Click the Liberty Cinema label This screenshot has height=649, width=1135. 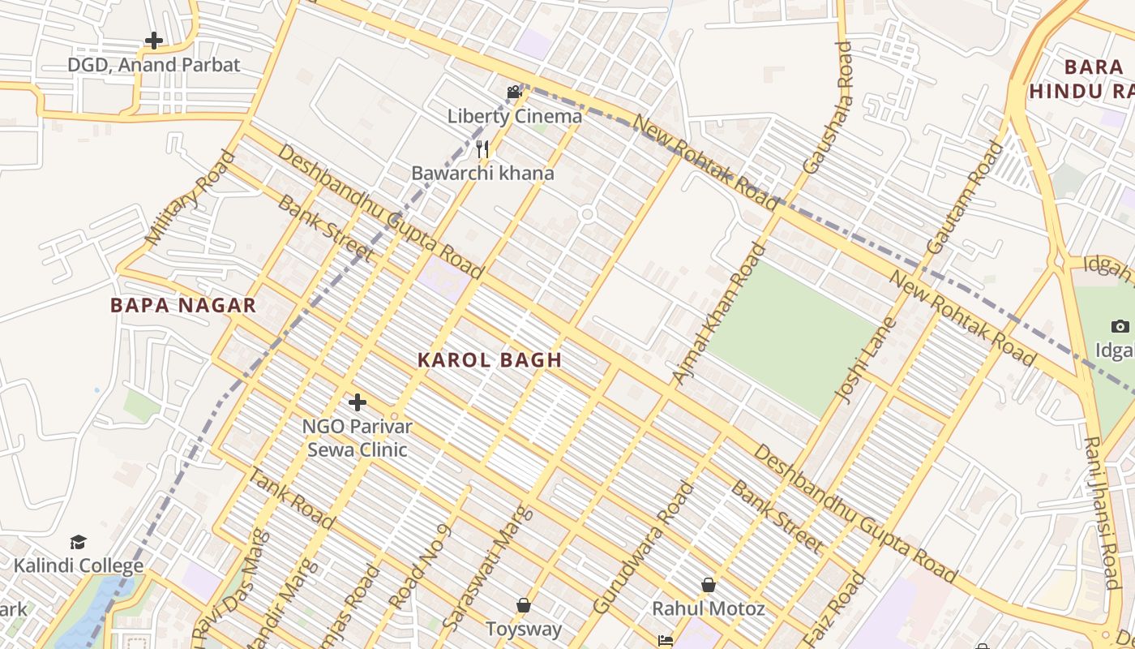515,116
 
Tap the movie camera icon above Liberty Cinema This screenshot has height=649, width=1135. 514,92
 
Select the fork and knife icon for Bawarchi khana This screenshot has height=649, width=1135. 482,149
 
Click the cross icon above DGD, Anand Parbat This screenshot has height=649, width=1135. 153,41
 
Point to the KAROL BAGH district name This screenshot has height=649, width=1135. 490,361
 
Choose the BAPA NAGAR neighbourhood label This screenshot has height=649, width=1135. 183,306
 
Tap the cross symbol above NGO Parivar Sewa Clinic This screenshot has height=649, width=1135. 357,402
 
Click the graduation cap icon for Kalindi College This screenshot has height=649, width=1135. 78,542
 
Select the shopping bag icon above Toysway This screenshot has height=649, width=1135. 524,605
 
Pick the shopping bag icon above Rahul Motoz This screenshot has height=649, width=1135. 709,585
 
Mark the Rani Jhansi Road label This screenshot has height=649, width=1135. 1102,513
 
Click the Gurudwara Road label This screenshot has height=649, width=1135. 644,548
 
